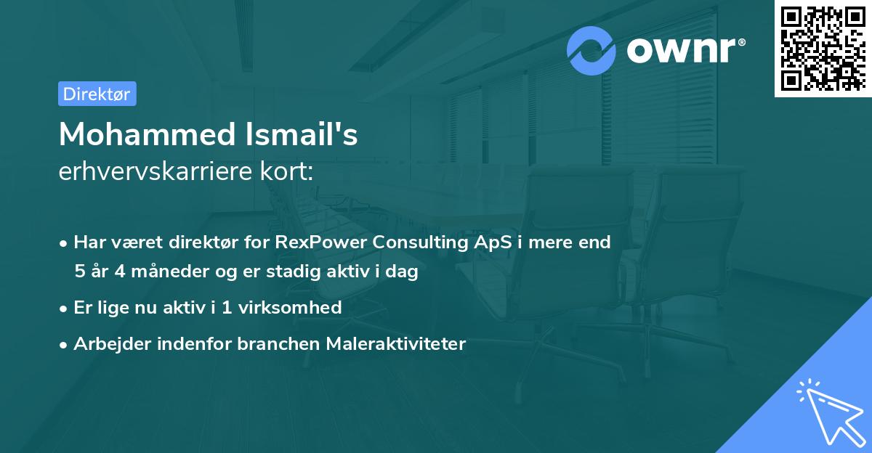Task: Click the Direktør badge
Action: pyautogui.click(x=97, y=94)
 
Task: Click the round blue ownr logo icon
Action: pyautogui.click(x=592, y=51)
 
